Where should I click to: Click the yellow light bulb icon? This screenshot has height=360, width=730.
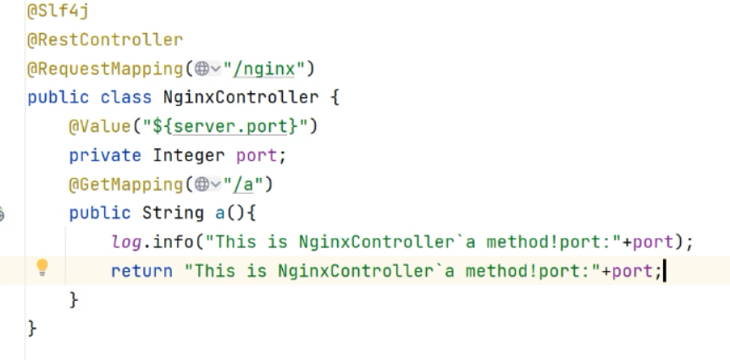click(x=41, y=269)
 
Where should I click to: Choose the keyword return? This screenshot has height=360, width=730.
click(x=141, y=271)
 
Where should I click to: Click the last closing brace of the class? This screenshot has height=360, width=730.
click(x=32, y=327)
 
